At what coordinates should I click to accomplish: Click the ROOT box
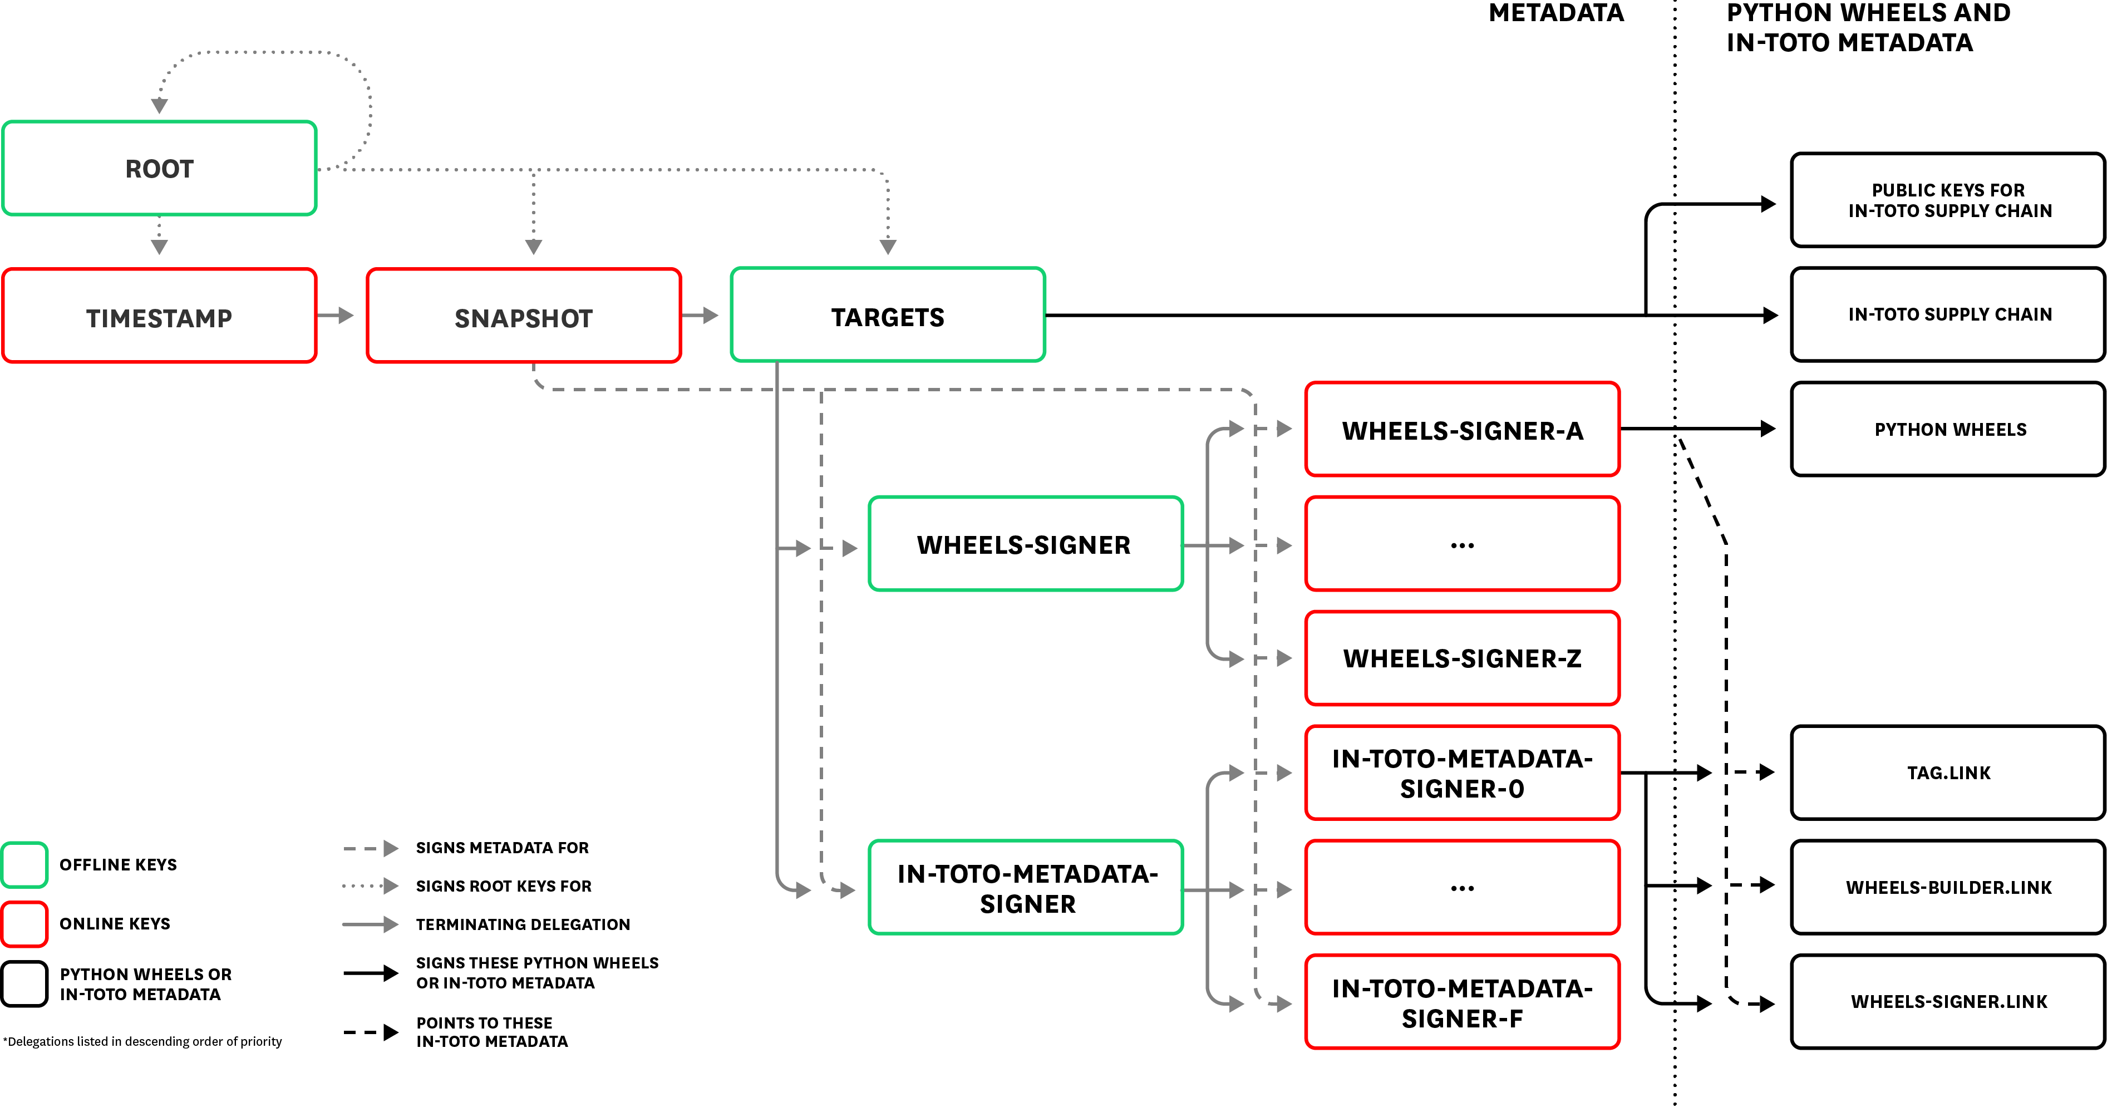[160, 169]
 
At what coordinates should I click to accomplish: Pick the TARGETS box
[888, 315]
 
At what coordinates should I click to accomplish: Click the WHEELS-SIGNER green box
[1026, 544]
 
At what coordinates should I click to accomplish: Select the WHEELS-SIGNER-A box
[1463, 430]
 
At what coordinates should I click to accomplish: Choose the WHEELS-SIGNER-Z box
[1463, 658]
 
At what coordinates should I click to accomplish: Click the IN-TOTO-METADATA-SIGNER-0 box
[1463, 773]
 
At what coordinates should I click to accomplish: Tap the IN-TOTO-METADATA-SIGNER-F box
[1463, 1002]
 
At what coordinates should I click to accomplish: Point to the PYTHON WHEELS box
[1949, 430]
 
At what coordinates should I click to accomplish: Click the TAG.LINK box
[1949, 773]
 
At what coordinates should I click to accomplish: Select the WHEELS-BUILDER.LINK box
[1949, 887]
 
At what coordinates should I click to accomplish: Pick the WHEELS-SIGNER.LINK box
[1949, 1001]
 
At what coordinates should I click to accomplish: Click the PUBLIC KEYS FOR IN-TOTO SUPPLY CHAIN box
[1949, 200]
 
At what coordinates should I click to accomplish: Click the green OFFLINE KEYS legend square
[24, 864]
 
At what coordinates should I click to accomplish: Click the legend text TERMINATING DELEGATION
[523, 924]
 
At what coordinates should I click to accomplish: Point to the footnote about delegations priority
[143, 1041]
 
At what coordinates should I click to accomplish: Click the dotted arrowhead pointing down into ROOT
[160, 106]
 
